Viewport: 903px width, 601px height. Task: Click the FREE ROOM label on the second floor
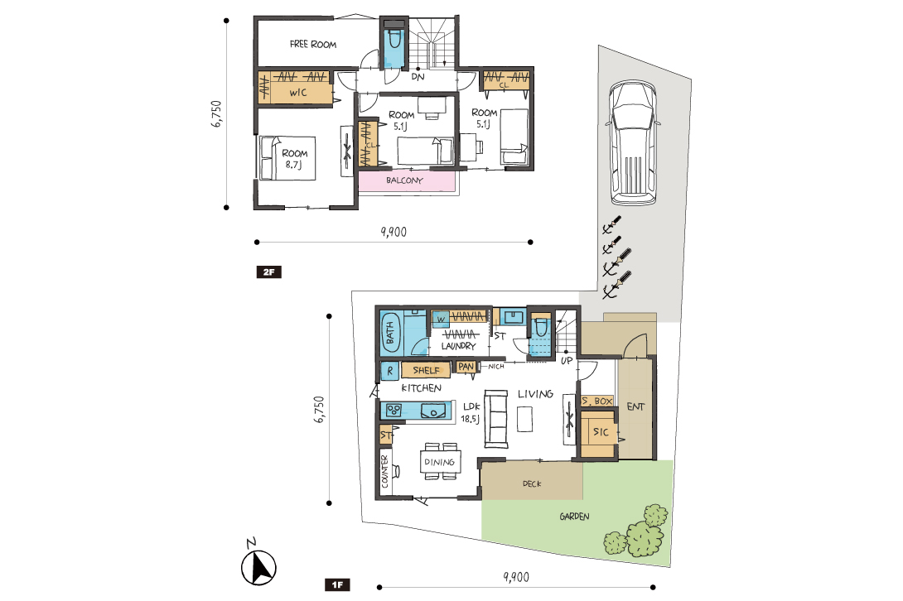(x=312, y=44)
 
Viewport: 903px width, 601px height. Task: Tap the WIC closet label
(x=297, y=93)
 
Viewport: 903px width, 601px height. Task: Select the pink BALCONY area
(x=407, y=180)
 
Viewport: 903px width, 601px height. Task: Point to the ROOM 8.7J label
(x=294, y=159)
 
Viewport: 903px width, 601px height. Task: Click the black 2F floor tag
(x=269, y=272)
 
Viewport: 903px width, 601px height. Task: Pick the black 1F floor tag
(x=337, y=585)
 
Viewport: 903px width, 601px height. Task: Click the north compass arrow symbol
(x=258, y=568)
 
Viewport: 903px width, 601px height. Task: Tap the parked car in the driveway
(x=633, y=142)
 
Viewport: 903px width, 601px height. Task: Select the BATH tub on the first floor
(x=390, y=333)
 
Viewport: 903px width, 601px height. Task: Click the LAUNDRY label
(x=458, y=346)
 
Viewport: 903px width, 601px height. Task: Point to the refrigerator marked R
(x=389, y=371)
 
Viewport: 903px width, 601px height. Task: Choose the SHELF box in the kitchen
(x=426, y=370)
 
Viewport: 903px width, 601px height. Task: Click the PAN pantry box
(x=466, y=367)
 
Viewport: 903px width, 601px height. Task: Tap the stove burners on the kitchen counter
(x=394, y=411)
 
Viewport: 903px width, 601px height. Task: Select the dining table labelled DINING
(x=441, y=462)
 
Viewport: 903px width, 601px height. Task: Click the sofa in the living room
(x=495, y=419)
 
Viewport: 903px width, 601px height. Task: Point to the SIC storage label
(x=601, y=432)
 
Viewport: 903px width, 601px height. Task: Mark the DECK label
(x=532, y=483)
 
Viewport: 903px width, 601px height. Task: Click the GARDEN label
(x=574, y=517)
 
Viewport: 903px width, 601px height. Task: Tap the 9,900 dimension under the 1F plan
(x=516, y=576)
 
